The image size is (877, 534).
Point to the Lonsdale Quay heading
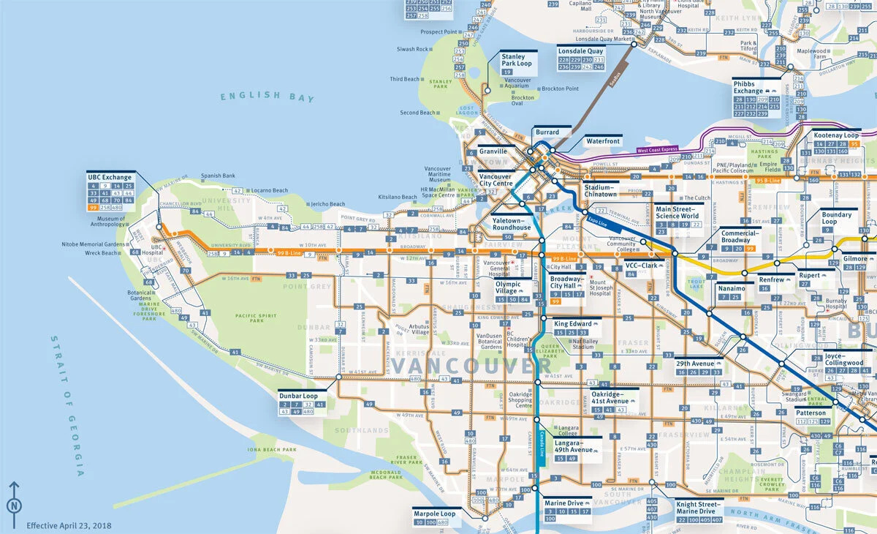[x=581, y=51]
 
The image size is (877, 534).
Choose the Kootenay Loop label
[x=836, y=136]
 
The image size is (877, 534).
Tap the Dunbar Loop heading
[x=298, y=396]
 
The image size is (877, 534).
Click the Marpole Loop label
[x=434, y=514]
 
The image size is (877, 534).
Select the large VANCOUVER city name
[x=463, y=364]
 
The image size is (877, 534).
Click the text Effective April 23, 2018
[x=69, y=525]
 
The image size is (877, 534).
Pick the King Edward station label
[x=573, y=323]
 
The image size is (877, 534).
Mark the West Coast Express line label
[x=657, y=150]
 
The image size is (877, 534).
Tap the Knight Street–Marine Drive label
[x=698, y=508]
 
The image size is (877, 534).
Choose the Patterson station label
[x=810, y=413]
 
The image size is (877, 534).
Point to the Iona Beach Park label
[x=273, y=450]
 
